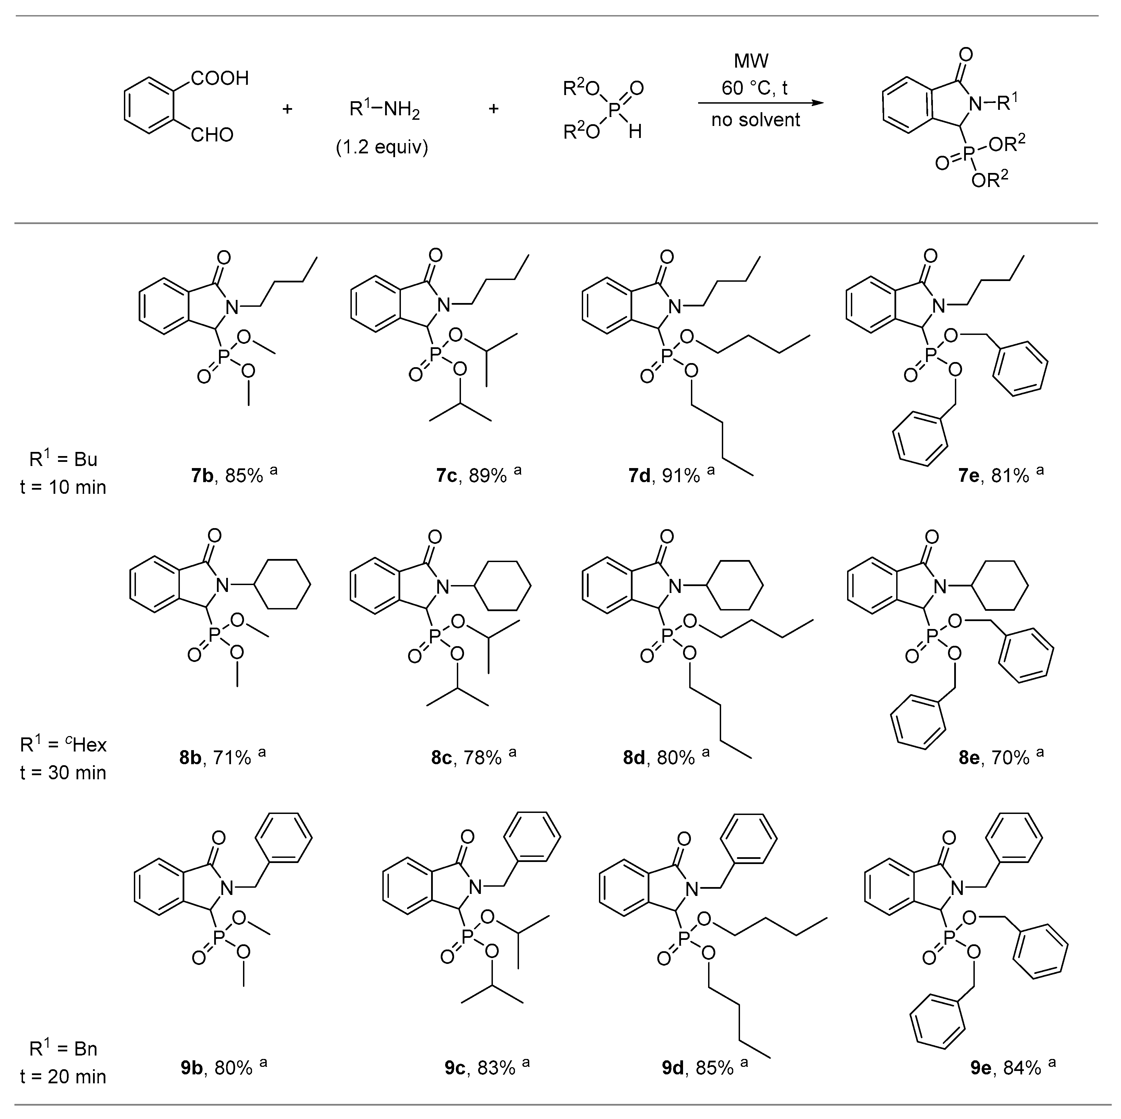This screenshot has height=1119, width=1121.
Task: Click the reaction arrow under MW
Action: point(760,103)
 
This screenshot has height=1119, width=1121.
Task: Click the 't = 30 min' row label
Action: point(63,773)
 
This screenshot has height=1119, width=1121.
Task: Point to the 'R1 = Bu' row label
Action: point(63,459)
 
